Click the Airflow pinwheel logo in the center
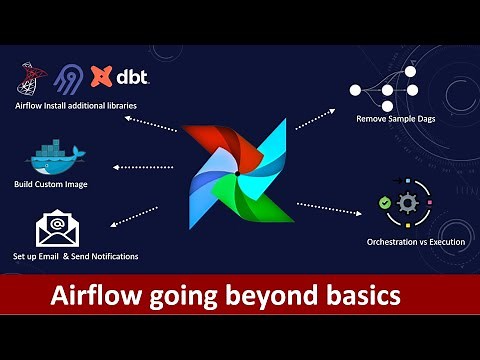[x=238, y=169]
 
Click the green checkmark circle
[x=385, y=203]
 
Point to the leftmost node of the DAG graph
[x=353, y=90]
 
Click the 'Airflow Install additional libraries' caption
[x=76, y=105]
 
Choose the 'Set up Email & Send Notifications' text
[x=75, y=257]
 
